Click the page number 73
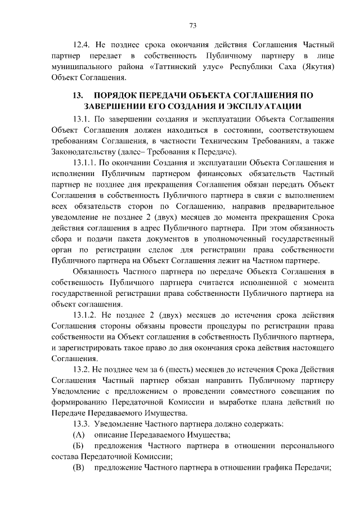pos(192,25)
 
